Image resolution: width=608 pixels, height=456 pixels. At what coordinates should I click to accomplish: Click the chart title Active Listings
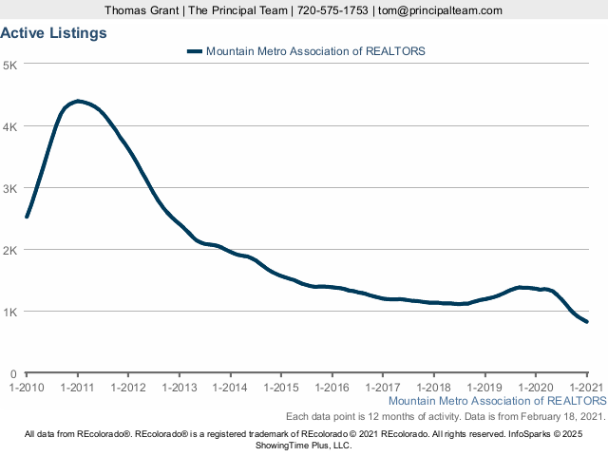[53, 33]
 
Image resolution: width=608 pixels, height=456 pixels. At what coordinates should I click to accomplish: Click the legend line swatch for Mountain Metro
[195, 51]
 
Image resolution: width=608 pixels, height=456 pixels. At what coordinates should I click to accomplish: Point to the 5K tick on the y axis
[12, 65]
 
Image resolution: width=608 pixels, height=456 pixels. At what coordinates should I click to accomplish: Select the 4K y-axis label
[12, 126]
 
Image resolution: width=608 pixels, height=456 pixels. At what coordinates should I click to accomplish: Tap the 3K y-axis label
[12, 188]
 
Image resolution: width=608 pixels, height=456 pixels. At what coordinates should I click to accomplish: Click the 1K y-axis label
[12, 312]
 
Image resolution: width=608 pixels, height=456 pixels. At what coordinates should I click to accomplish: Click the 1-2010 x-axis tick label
[27, 388]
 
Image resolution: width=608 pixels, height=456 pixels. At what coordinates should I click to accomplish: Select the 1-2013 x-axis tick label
[179, 388]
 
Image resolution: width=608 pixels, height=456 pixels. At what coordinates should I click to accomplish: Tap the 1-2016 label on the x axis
[332, 388]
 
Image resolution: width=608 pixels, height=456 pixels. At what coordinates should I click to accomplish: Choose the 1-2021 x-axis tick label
[586, 388]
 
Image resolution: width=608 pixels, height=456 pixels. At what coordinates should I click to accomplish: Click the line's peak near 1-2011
[78, 101]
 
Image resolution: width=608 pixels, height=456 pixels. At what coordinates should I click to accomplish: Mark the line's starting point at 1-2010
[27, 217]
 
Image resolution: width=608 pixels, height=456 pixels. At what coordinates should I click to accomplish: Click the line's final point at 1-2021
[586, 322]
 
